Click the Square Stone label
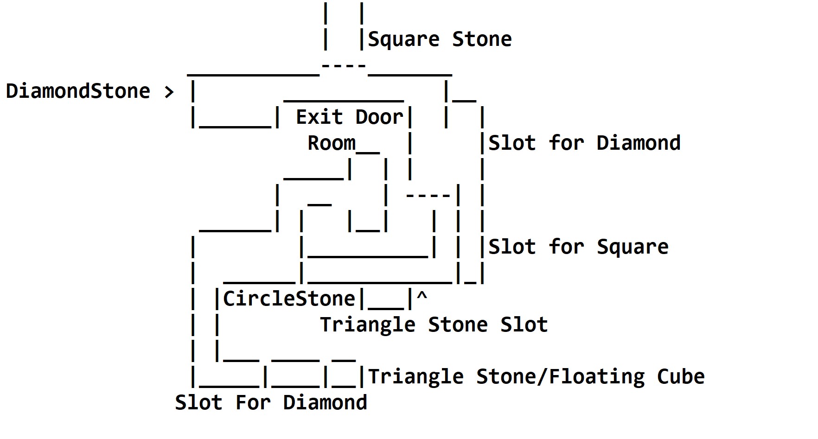coord(440,39)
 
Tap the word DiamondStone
coord(78,91)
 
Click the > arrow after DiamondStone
coord(169,92)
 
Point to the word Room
coord(332,143)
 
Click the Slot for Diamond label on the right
coord(584,143)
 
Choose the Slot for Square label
coord(578,247)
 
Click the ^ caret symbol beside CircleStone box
coord(422,297)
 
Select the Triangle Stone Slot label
coord(434,325)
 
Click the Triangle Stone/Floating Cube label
coord(536,377)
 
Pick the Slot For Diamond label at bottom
coord(271,403)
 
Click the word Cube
coord(681,377)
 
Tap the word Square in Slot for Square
coord(633,247)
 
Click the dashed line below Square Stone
coord(344,66)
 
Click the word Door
coord(379,117)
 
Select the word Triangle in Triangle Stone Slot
coord(367,325)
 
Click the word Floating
coord(597,377)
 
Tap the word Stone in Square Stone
coord(482,39)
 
